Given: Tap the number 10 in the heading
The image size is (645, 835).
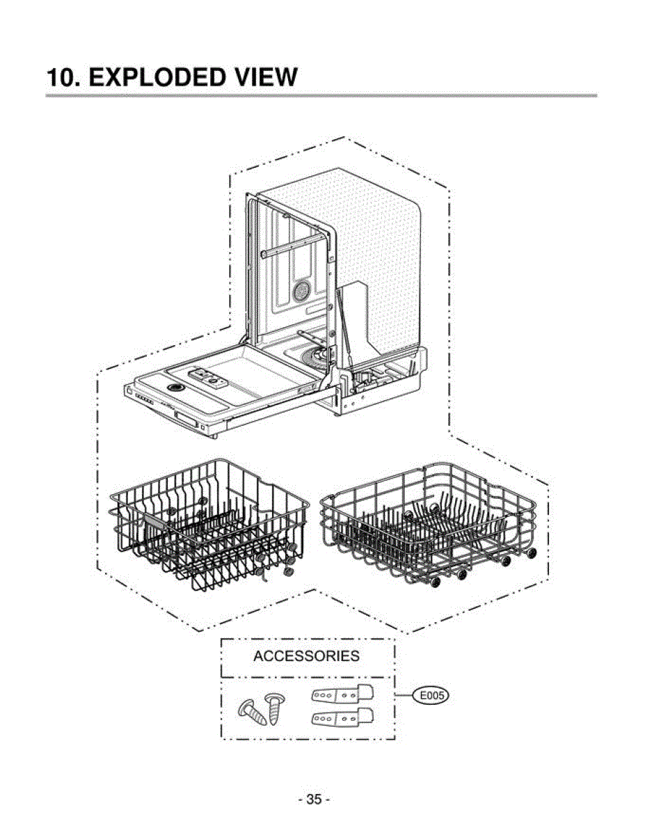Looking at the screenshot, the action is coord(61,77).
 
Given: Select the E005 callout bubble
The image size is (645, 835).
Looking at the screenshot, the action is coord(430,694).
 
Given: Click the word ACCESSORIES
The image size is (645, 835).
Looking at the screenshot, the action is coord(306,656).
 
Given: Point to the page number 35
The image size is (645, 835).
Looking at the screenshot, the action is coord(314,800).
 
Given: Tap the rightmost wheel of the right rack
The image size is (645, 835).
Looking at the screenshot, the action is coord(532,552).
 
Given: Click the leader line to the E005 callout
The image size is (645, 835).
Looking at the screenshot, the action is coord(404,694).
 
